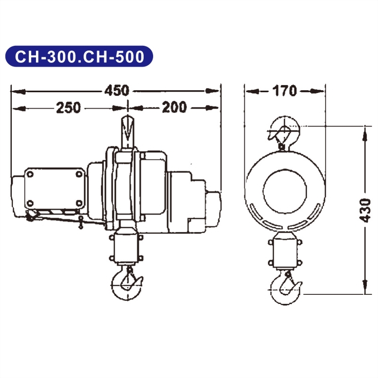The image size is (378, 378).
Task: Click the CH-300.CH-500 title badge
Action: coord(79,56)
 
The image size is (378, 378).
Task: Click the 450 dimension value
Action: coord(116,90)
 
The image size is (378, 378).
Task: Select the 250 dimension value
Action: coord(68,108)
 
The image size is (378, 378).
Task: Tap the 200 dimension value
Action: coord(174,108)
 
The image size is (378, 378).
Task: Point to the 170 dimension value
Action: coord(284,90)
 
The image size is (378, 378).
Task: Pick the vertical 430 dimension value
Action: coord(365,210)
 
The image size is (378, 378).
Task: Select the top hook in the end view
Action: coord(283,132)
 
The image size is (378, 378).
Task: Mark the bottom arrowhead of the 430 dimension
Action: coord(364,289)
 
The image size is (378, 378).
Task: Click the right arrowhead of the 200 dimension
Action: coord(215,108)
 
